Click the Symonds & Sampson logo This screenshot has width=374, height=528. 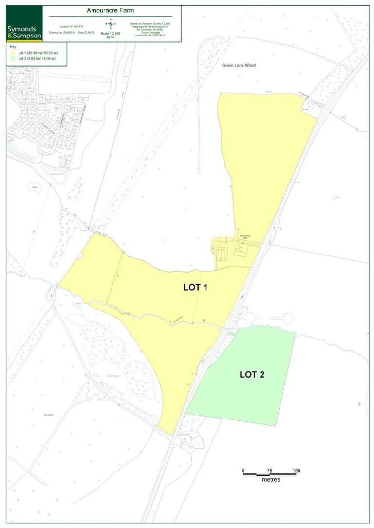click(x=24, y=29)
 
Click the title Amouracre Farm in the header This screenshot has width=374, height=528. click(x=110, y=10)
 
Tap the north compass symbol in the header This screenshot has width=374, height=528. click(x=111, y=23)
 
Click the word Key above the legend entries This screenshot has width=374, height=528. click(x=13, y=47)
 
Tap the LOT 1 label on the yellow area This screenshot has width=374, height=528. click(x=195, y=287)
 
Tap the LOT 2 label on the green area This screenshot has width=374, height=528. click(x=252, y=374)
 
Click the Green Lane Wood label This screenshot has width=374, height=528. click(x=239, y=65)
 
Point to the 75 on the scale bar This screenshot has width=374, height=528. click(x=269, y=471)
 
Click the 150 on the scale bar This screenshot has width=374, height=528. click(x=296, y=471)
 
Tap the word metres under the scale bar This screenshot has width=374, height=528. click(x=271, y=480)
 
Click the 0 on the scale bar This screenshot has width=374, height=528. click(x=243, y=471)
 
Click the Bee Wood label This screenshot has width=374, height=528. click(x=48, y=415)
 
